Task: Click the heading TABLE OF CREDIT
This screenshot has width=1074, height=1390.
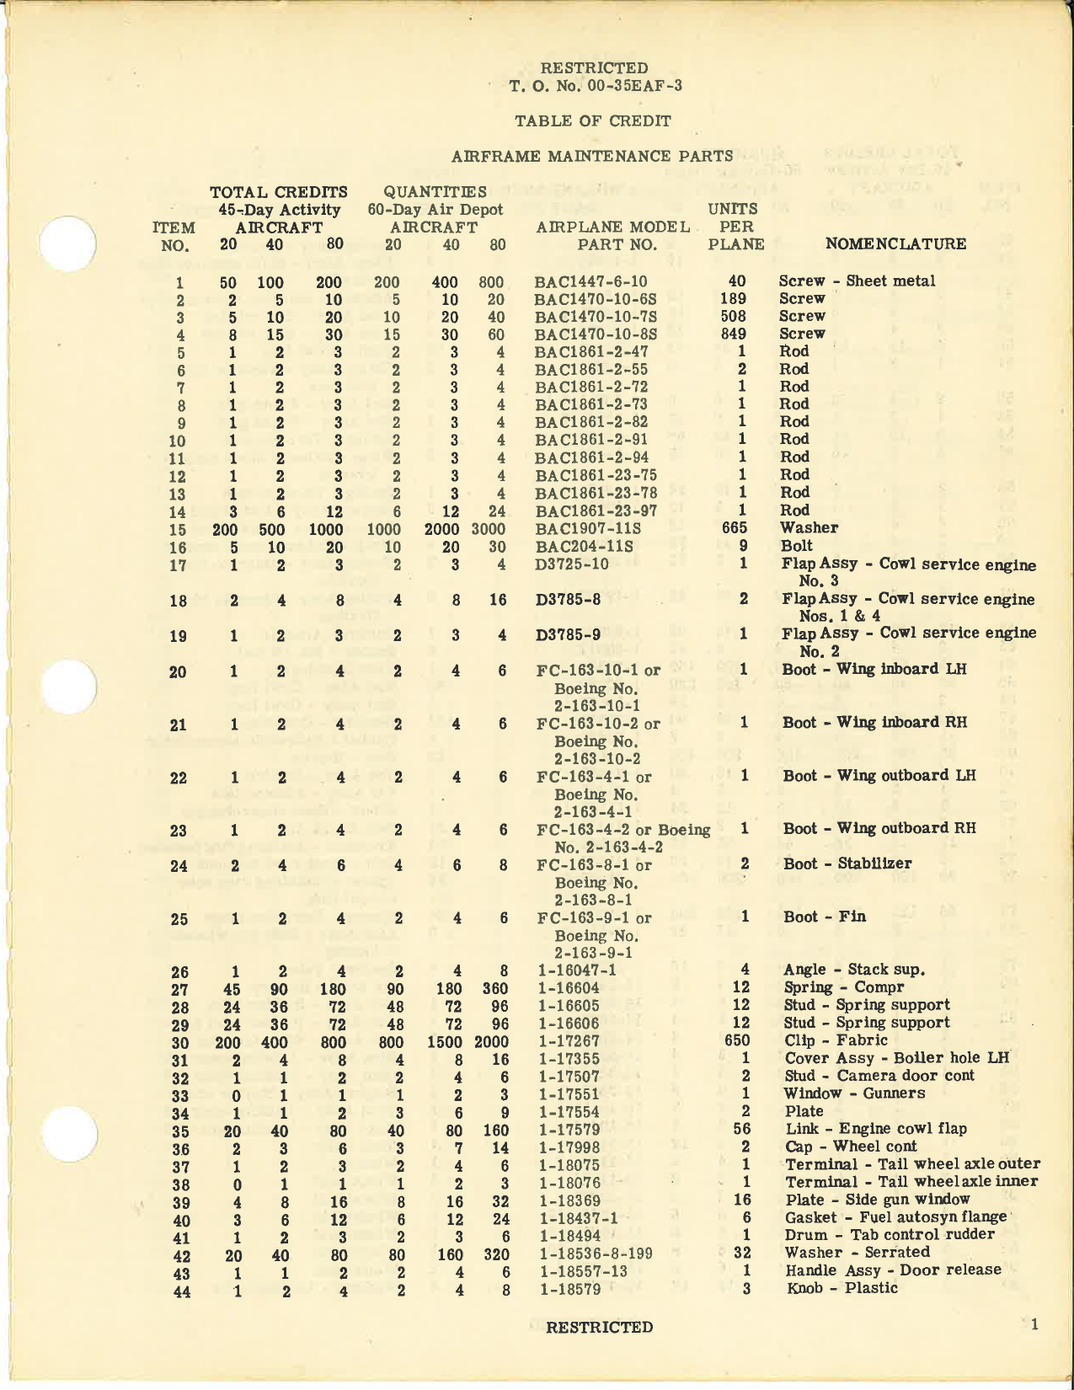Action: point(593,120)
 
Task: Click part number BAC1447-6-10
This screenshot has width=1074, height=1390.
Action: point(590,281)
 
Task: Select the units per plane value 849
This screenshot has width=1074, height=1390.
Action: point(736,334)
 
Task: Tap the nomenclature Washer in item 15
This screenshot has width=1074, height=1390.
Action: point(809,527)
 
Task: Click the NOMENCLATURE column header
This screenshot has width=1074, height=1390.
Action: point(895,244)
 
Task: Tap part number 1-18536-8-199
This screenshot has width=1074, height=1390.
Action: point(596,1253)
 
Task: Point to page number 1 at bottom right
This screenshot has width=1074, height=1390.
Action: point(1034,1325)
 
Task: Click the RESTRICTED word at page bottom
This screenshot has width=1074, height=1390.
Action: point(599,1328)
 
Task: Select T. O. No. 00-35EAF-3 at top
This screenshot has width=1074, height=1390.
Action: point(595,85)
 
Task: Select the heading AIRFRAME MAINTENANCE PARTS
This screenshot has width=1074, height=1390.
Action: point(592,156)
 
